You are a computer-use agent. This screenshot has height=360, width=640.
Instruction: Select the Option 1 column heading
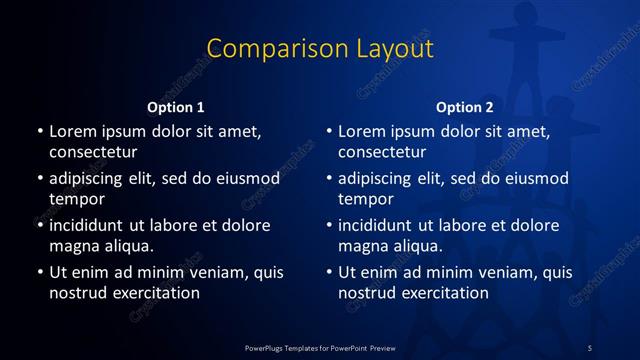tap(176, 106)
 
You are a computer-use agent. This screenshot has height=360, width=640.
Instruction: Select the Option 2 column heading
tap(465, 106)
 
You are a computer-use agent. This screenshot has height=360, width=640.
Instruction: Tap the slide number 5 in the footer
tap(590, 347)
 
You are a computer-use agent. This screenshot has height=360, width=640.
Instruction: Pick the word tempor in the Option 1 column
tap(74, 199)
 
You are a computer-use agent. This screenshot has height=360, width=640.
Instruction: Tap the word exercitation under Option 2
tap(442, 293)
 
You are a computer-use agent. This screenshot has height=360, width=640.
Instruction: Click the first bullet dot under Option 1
tap(40, 131)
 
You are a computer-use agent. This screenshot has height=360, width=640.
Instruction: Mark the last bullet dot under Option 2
tap(329, 272)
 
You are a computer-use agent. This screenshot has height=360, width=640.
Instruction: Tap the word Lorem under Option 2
tap(360, 131)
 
